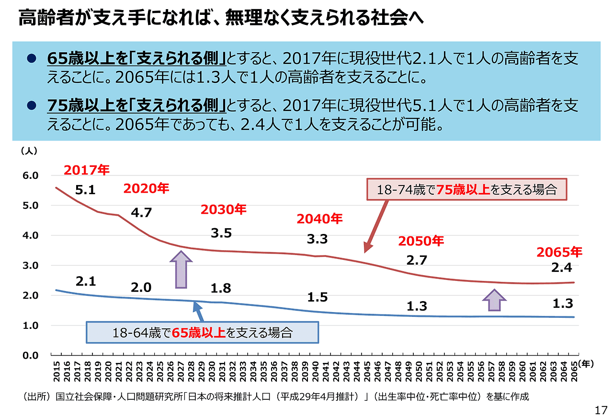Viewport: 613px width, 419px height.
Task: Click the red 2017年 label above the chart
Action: pyautogui.click(x=87, y=170)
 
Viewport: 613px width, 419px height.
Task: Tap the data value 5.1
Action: pyautogui.click(x=86, y=190)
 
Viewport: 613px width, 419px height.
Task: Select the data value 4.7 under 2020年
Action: pyautogui.click(x=141, y=212)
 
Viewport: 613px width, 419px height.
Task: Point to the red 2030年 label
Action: pyautogui.click(x=223, y=209)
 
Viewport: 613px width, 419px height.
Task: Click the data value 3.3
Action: pyautogui.click(x=317, y=239)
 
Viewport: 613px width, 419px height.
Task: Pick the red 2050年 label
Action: pyautogui.click(x=421, y=241)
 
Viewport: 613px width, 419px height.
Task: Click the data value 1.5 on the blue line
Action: pyautogui.click(x=317, y=297)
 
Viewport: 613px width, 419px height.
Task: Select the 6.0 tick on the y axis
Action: pyautogui.click(x=30, y=176)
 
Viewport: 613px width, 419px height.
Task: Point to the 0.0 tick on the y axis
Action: pyautogui.click(x=30, y=355)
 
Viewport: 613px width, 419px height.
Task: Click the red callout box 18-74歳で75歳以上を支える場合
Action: pyautogui.click(x=466, y=189)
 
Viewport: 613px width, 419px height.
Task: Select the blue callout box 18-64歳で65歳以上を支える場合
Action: pyautogui.click(x=202, y=332)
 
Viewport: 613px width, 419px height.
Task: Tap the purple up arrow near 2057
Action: pyautogui.click(x=494, y=300)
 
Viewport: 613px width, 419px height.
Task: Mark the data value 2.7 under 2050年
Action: pyautogui.click(x=416, y=261)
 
